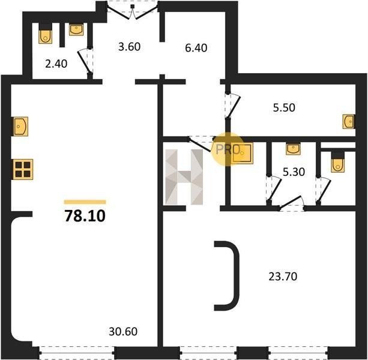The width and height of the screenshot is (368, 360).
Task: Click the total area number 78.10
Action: pos(85,216)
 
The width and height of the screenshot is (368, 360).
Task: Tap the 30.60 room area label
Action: pos(123,331)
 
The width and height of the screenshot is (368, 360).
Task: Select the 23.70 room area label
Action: pos(283,277)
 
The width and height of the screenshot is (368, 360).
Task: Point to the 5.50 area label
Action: pos(284,107)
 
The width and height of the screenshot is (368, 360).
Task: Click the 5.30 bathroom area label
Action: pos(294,172)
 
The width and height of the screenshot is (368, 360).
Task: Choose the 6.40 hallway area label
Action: pos(196,48)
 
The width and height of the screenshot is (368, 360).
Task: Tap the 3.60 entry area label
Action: pos(129,46)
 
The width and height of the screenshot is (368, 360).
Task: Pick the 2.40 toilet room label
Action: pos(56,64)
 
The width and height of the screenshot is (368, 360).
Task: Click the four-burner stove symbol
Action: pos(23,169)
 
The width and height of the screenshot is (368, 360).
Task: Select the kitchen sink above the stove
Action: pos(21,127)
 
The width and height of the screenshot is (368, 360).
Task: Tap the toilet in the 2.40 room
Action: pos(45,34)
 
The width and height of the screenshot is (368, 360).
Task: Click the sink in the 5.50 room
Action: pos(349,121)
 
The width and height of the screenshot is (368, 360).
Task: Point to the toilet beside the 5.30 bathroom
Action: pos(338,162)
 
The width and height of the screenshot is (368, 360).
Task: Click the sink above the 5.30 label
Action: pos(293,149)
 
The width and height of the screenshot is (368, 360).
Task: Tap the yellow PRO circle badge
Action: pos(228,149)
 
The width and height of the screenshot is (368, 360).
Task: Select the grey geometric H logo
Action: pos(184,176)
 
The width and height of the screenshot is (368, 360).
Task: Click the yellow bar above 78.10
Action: pos(85,202)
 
